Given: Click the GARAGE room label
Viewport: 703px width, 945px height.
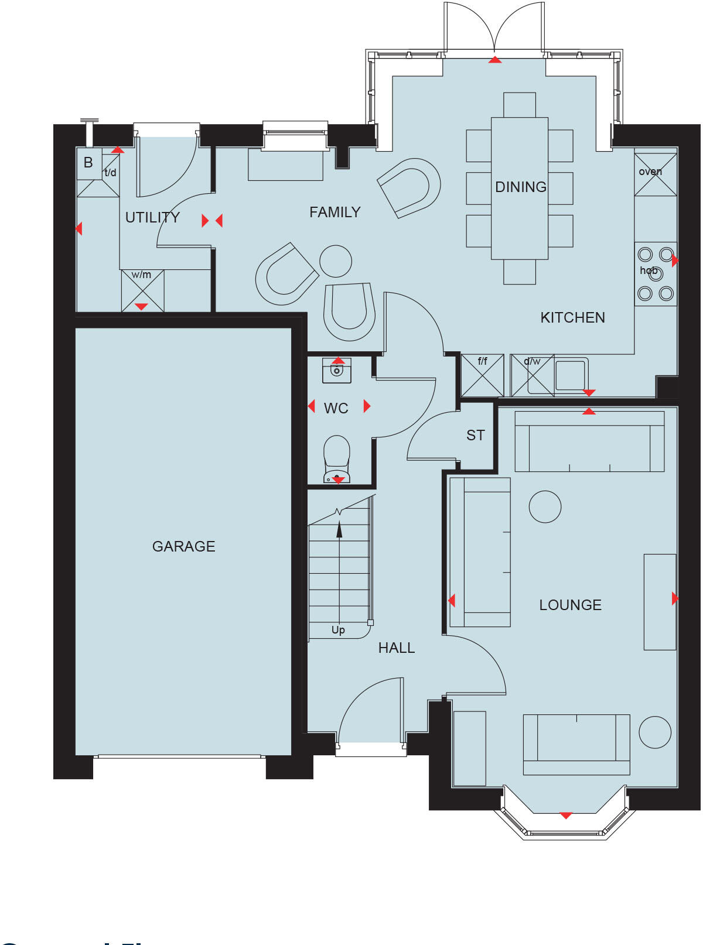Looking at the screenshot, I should tap(183, 546).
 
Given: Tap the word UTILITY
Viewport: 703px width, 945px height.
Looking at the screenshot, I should tap(152, 217).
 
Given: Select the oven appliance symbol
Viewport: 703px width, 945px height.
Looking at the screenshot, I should tap(656, 174).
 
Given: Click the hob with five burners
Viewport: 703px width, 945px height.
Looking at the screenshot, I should tap(656, 273).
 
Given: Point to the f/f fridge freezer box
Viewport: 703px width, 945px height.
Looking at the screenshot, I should tap(482, 375).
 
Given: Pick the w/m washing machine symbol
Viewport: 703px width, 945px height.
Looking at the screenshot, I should tap(142, 290).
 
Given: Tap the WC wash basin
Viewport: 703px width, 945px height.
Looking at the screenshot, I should tap(337, 370).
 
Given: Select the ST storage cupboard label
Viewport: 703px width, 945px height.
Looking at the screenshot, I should tap(476, 435).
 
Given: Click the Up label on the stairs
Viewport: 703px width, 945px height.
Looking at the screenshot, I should tap(338, 630).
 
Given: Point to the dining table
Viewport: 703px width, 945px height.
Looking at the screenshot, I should tap(520, 188).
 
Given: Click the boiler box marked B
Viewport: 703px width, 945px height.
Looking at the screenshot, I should tap(88, 163).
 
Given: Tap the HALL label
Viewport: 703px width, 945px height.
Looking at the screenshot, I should tap(397, 648).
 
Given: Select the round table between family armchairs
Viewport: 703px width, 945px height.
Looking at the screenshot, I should tap(336, 261).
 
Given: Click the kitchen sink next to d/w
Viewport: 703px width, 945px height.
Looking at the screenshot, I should tap(570, 375).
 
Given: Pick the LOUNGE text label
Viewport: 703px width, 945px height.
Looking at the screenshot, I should tap(570, 605).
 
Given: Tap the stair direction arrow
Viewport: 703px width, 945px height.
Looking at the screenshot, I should tap(339, 530).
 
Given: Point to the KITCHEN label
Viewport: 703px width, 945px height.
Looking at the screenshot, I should tap(572, 317).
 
